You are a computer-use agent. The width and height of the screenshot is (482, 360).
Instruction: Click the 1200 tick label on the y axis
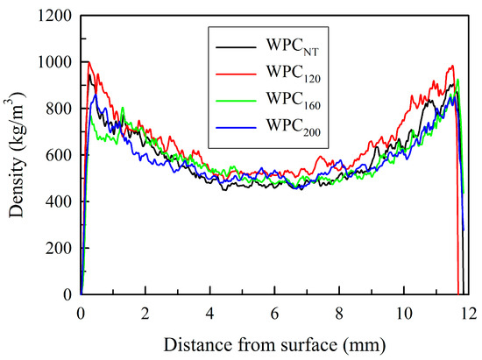coord(53,16)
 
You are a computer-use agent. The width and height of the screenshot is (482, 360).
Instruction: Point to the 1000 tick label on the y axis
coord(53,62)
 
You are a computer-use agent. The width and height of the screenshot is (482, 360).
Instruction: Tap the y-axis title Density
coord(17,156)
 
